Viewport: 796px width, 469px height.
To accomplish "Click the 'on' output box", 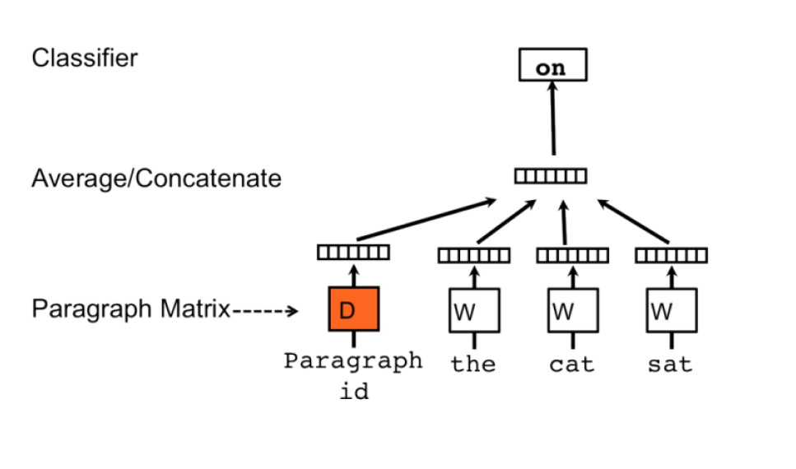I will tap(552, 65).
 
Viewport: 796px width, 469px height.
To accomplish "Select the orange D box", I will tap(353, 309).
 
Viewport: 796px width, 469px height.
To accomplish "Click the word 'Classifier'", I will tap(85, 58).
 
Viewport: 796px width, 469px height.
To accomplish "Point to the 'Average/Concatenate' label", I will tap(156, 179).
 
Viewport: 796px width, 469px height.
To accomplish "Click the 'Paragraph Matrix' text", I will tap(130, 310).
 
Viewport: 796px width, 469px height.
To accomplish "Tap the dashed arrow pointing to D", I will tap(264, 311).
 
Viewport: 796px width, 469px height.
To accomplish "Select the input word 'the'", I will tap(473, 364).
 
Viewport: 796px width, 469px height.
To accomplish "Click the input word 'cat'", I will tap(572, 364).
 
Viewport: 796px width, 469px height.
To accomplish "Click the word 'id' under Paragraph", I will tap(354, 391).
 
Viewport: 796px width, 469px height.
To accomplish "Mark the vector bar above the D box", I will tap(353, 253).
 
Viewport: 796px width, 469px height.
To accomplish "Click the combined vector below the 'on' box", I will tap(551, 175).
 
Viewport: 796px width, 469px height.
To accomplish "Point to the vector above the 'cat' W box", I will tap(572, 256).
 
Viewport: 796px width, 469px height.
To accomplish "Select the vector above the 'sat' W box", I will tap(671, 256).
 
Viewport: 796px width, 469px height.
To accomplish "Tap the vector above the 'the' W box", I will tap(473, 256).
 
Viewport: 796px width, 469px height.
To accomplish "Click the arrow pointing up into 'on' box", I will tap(552, 119).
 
